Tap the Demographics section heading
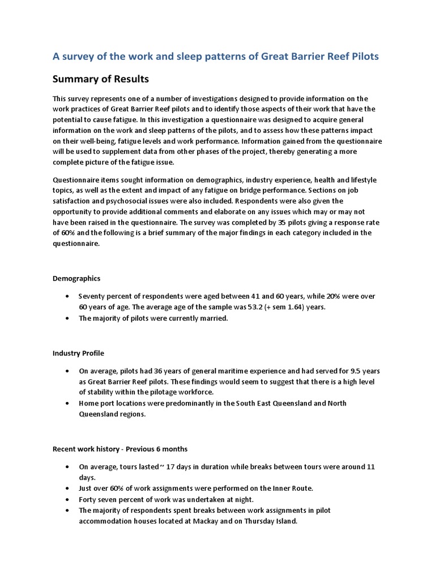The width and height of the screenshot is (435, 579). click(76, 278)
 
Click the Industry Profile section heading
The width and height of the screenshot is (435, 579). click(78, 353)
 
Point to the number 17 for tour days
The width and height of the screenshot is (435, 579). click(174, 467)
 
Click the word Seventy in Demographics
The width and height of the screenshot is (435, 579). click(93, 296)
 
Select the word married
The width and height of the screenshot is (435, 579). click(212, 318)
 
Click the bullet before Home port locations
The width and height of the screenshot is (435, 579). click(67, 404)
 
